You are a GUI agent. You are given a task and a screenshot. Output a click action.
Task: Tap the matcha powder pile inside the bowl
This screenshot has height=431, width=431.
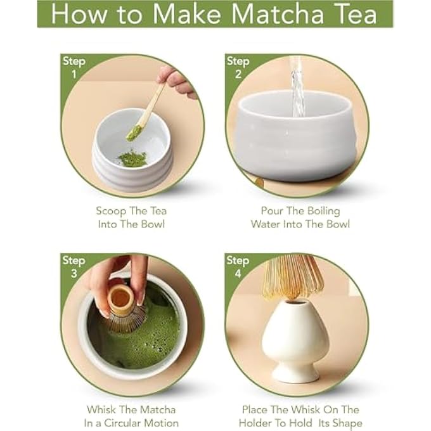pyautogui.click(x=132, y=158)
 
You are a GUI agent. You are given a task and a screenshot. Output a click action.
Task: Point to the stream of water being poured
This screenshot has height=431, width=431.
pyautogui.click(x=297, y=86)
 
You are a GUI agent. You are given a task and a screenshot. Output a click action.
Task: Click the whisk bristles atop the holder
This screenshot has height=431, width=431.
pyautogui.click(x=293, y=276)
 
